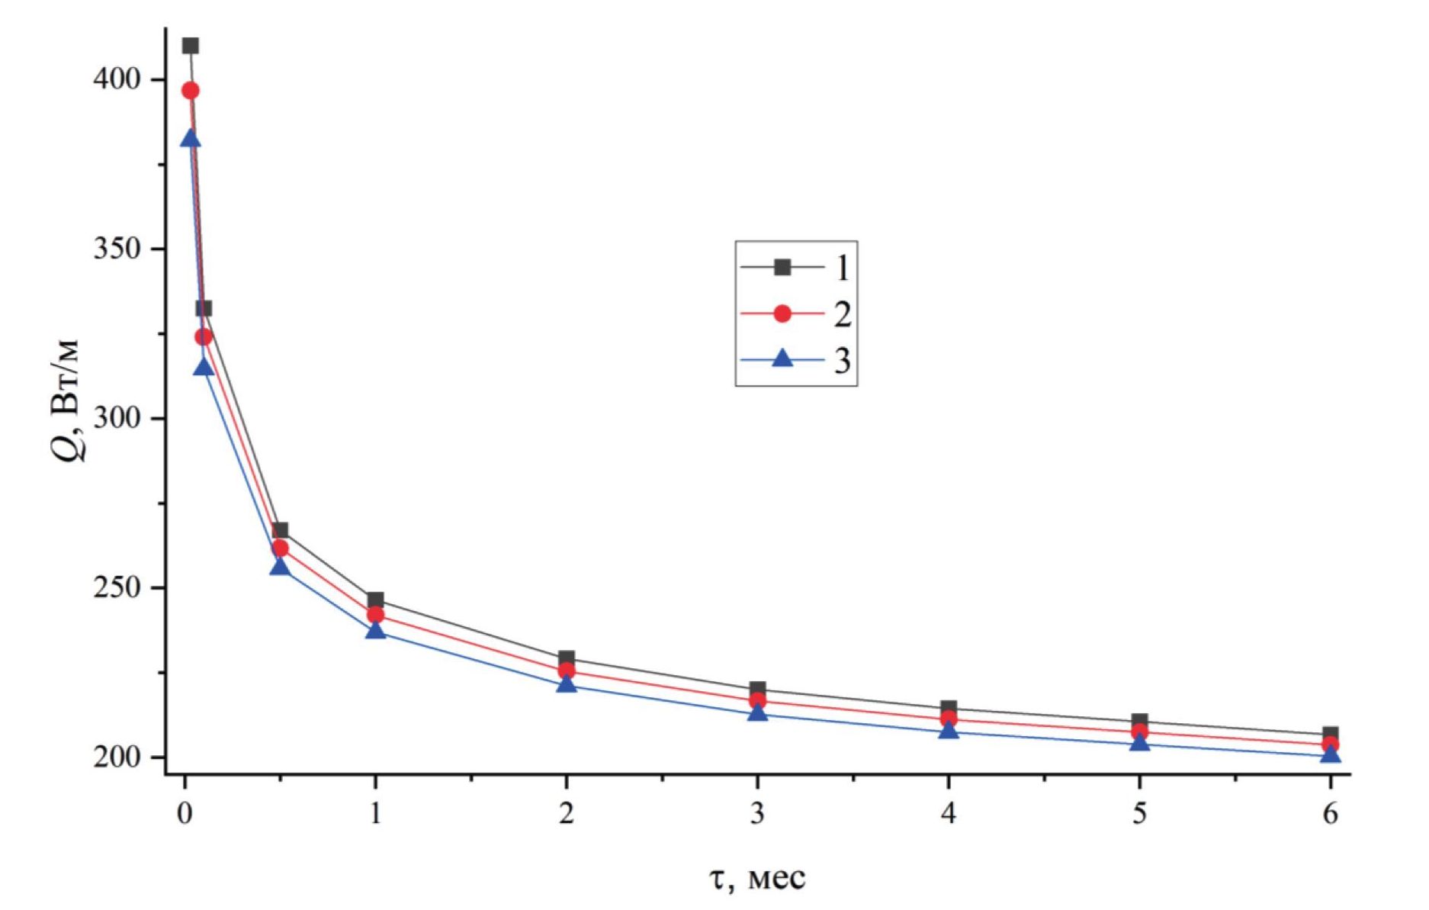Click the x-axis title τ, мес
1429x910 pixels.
(757, 878)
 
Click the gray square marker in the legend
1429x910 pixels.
(782, 267)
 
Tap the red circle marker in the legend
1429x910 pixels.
(782, 314)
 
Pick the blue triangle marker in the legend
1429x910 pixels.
(782, 358)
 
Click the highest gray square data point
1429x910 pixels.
(191, 46)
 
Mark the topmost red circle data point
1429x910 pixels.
(191, 91)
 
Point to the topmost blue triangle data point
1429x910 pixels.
(191, 139)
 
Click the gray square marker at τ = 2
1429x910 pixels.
(566, 658)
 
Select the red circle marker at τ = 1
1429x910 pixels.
(375, 615)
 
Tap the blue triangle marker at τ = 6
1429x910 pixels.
(1330, 754)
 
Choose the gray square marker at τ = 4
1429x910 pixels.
(948, 708)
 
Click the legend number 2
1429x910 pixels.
(842, 314)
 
